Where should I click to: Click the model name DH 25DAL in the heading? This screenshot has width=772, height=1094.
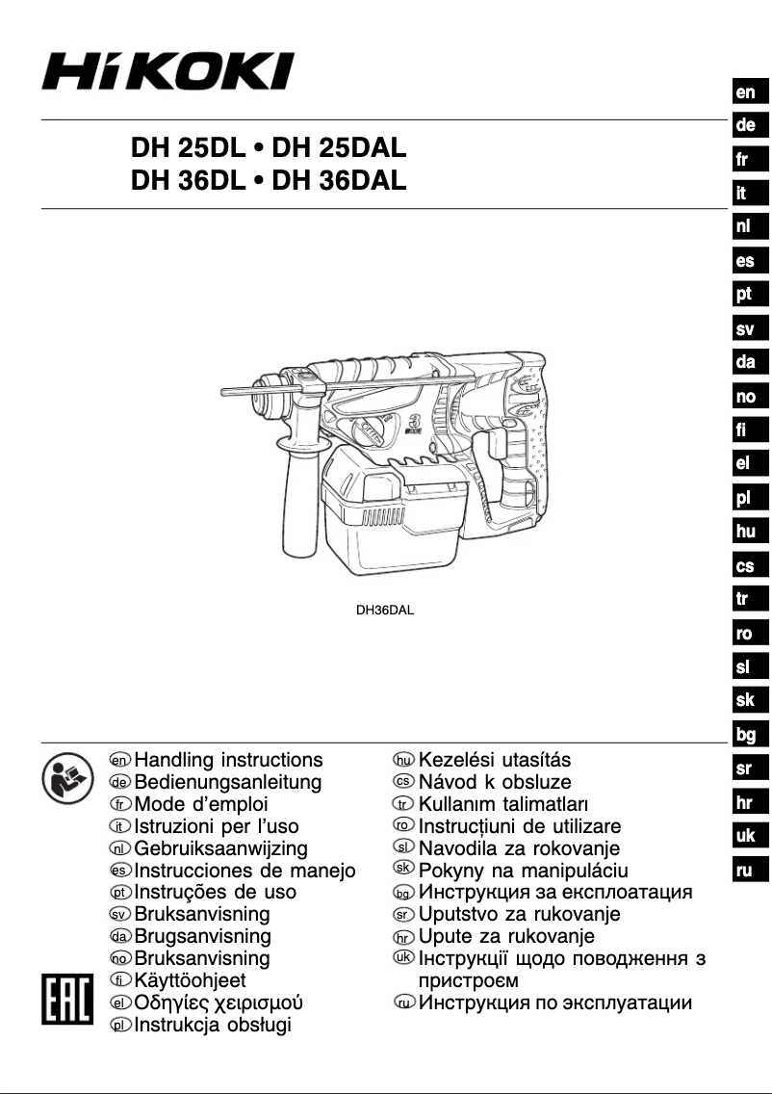pos(340,149)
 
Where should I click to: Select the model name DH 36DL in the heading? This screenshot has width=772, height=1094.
pos(195,180)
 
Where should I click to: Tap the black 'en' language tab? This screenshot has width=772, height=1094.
pos(745,92)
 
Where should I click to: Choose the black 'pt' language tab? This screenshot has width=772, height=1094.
pos(744,295)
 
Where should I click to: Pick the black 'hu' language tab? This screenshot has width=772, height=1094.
pos(745,532)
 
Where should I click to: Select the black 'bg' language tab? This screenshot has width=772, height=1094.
pos(745,735)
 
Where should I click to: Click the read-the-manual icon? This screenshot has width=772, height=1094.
pos(64,779)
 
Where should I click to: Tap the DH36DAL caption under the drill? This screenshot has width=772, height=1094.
pos(385,609)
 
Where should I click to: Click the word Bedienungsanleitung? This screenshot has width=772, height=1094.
pos(228,782)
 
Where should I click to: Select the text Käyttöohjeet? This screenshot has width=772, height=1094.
pos(190,980)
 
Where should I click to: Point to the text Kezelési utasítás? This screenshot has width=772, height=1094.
pos(495,761)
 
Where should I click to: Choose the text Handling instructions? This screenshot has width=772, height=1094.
pos(228,761)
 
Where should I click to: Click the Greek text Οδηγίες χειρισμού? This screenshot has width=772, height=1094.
pos(219,1003)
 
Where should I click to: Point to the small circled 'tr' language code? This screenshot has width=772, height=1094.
pos(404,804)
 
